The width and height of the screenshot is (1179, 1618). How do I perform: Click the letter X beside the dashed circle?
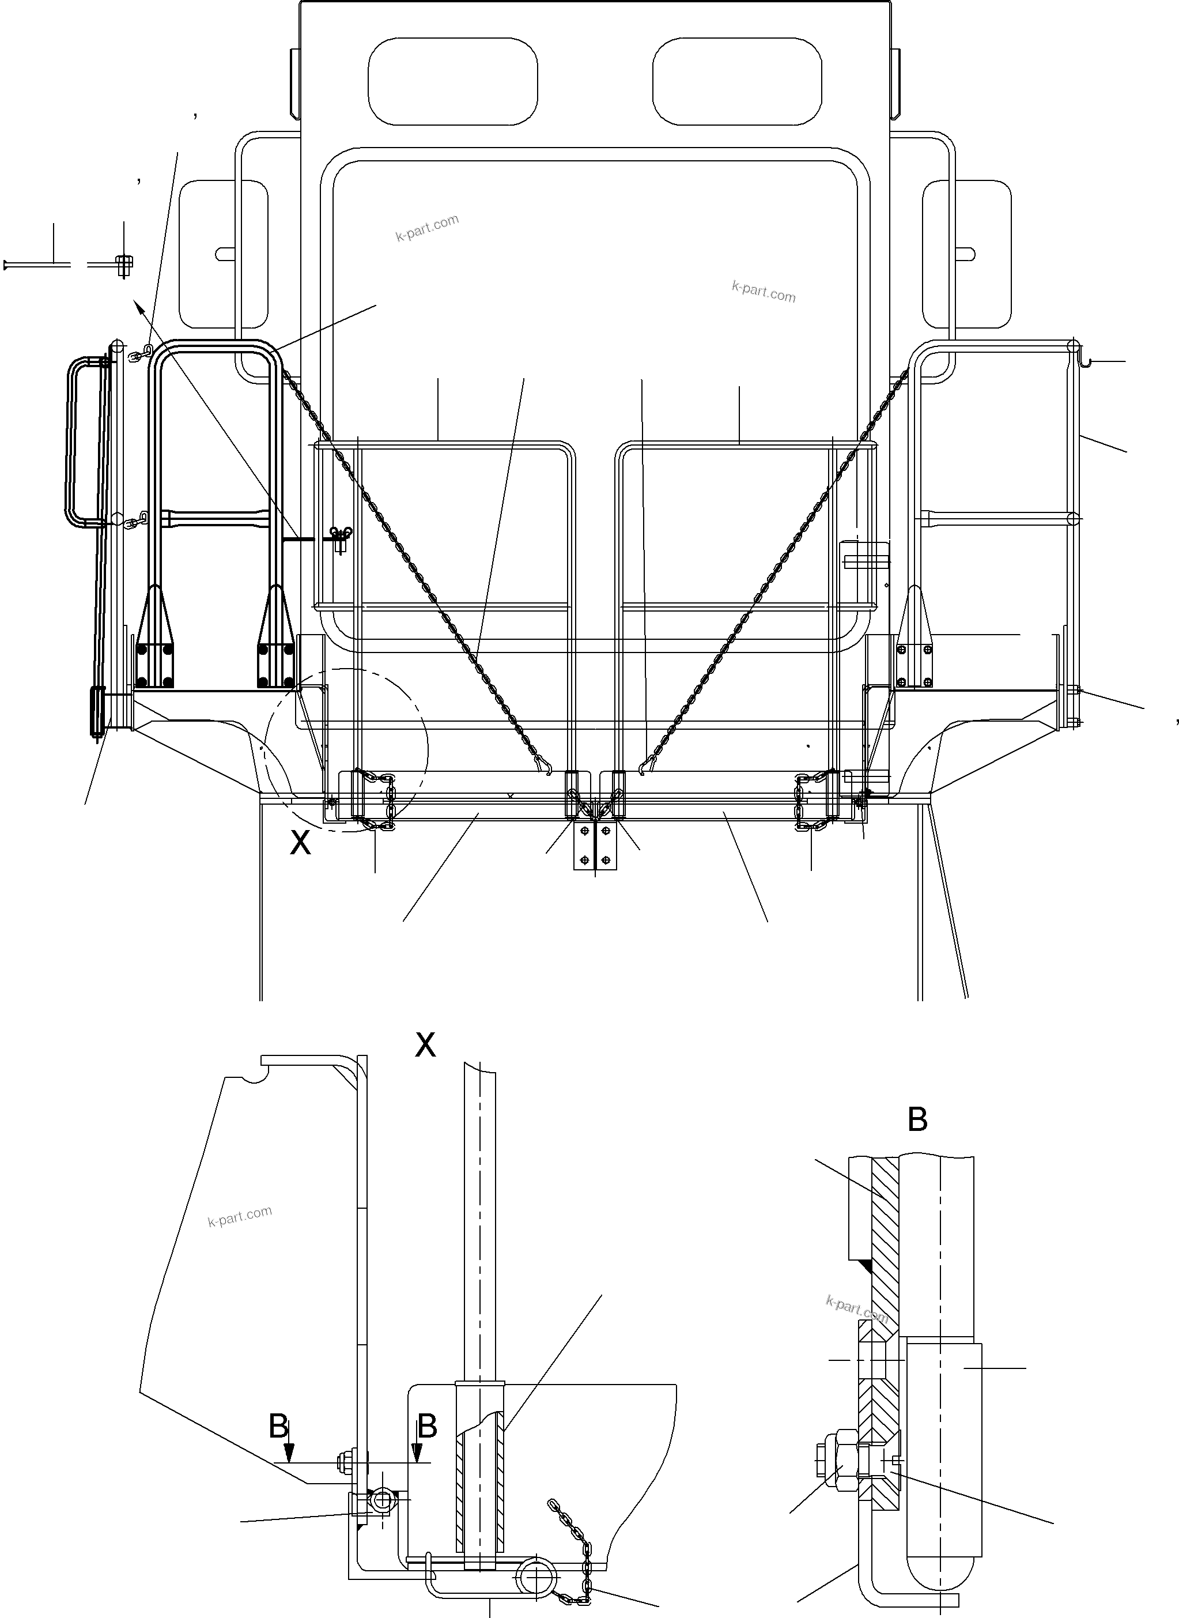[300, 843]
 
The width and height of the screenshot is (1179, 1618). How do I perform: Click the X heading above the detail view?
[425, 1046]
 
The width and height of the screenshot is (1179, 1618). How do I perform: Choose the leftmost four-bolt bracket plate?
[155, 665]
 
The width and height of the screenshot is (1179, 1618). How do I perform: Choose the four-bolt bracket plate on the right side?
[915, 665]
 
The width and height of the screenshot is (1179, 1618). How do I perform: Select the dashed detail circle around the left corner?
[346, 749]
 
